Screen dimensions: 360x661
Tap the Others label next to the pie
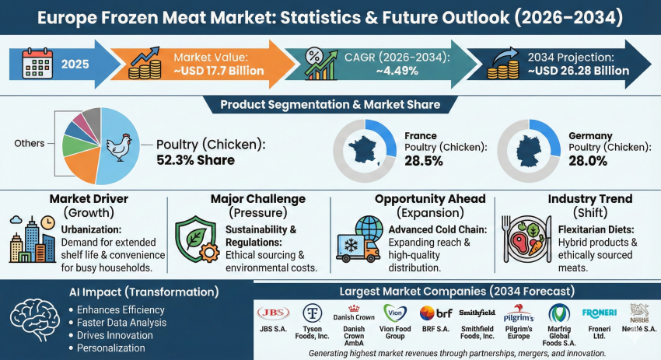pos(28,143)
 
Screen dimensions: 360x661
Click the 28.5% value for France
pos(424,161)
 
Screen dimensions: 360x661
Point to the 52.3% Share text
pos(196,161)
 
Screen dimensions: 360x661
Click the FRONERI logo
pos(599,312)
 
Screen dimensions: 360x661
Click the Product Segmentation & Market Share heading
pos(330,104)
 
